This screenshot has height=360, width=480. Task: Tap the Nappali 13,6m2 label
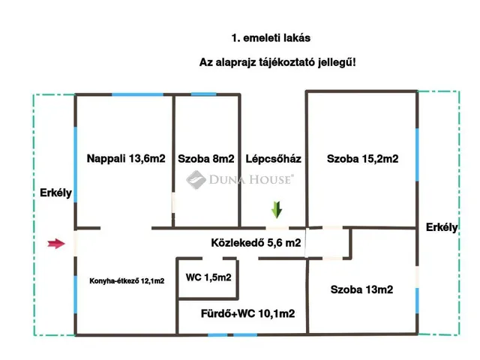coord(125,158)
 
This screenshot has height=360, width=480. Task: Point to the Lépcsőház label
coord(273,158)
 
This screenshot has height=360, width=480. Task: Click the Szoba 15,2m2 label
coord(362,158)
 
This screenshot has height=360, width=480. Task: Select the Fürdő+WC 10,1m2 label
coord(247,313)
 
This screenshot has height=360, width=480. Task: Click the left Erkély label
coord(55,193)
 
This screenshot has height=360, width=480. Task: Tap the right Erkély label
coord(441,227)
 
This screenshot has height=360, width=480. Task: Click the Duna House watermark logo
coord(239,178)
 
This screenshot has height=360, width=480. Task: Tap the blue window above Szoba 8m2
coord(202,94)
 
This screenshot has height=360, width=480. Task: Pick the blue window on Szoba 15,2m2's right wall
coord(417,154)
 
